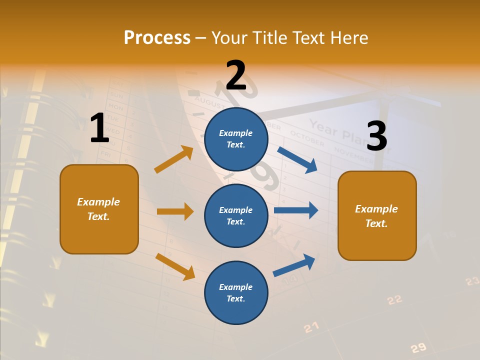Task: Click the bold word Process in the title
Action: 157,38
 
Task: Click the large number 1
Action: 99,128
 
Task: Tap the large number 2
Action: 236,75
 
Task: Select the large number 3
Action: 376,136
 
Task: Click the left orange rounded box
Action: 99,209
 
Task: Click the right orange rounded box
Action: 377,215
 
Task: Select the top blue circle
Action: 236,139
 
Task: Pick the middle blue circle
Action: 236,215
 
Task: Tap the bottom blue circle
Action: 236,292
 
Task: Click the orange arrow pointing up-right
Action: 174,159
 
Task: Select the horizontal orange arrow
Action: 175,211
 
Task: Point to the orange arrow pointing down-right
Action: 175,266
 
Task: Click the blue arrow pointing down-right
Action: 297,159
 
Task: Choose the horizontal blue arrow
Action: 296,210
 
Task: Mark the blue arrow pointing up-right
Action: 294,265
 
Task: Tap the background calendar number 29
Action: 418,348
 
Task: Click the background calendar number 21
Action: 311,327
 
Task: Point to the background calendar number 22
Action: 394,299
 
